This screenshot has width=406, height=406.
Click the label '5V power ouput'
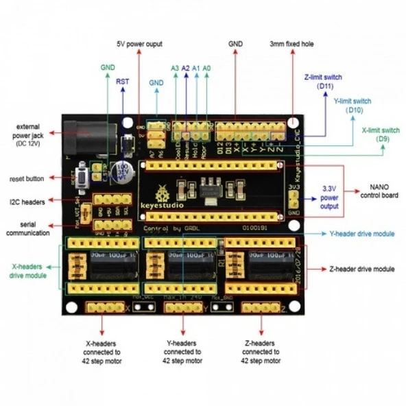point(139,43)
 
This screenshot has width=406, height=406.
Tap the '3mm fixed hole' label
point(292,43)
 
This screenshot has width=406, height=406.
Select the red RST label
point(122,81)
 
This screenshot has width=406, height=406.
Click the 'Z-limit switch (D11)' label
point(322,81)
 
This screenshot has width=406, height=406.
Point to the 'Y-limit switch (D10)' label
point(351,105)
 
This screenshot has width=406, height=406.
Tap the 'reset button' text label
point(27,178)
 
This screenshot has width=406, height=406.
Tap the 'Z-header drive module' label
point(361,269)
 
